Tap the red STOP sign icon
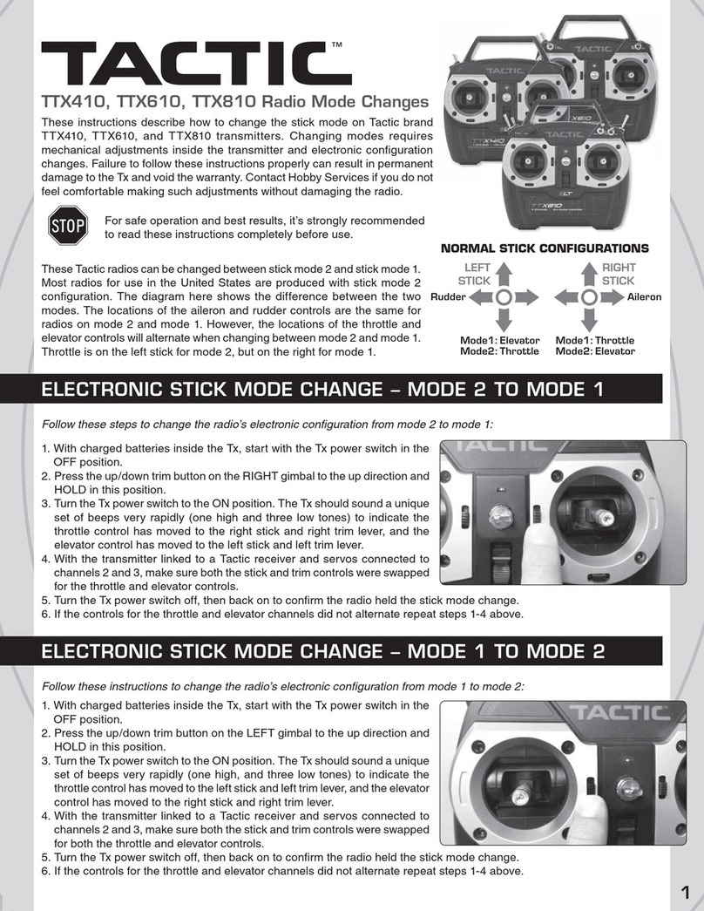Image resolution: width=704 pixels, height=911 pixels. (66, 227)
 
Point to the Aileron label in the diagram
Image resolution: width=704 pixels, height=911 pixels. (645, 297)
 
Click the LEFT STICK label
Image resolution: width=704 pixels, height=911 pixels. (475, 275)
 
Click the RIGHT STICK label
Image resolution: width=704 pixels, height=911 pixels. (619, 275)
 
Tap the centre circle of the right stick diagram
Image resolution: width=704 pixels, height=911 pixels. (590, 297)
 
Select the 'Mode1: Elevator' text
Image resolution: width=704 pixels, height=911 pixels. (500, 340)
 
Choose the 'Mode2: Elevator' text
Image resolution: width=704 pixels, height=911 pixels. (596, 351)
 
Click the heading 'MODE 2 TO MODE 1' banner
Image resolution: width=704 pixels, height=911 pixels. (322, 390)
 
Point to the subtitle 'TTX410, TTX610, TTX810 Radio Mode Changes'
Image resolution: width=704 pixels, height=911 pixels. (235, 101)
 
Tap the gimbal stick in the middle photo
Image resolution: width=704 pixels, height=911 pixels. (599, 517)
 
